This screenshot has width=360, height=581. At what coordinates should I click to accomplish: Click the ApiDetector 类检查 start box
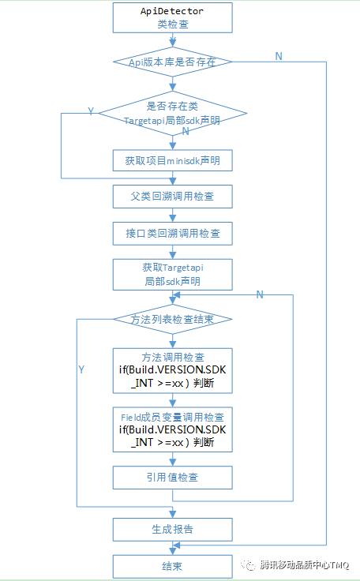click(x=172, y=18)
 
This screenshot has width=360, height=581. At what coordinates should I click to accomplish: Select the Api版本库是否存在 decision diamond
click(x=172, y=62)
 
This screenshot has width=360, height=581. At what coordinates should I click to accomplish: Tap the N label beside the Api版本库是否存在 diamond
click(x=278, y=55)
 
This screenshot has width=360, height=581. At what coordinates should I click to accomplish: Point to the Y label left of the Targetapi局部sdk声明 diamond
click(x=91, y=112)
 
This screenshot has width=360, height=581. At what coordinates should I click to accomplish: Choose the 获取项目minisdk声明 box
click(x=172, y=161)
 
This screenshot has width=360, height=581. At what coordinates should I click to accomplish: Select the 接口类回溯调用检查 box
click(x=172, y=233)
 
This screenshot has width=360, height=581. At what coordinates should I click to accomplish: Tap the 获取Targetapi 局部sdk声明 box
click(x=172, y=274)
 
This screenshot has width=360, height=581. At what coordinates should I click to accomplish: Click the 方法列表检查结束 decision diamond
click(x=172, y=319)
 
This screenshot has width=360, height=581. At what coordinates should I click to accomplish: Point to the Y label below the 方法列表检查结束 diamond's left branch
click(x=81, y=369)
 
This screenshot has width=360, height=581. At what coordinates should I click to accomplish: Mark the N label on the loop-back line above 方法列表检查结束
click(x=259, y=294)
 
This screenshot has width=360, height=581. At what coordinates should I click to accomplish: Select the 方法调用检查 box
click(x=172, y=369)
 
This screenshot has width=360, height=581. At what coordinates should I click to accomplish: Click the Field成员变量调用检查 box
click(x=172, y=429)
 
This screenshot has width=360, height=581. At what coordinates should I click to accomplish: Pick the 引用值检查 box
click(x=172, y=478)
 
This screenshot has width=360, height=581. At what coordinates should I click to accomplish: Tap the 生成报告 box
click(x=172, y=529)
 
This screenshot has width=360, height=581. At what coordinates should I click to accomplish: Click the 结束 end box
click(x=172, y=565)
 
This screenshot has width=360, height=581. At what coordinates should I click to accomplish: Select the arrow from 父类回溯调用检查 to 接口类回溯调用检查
click(x=172, y=215)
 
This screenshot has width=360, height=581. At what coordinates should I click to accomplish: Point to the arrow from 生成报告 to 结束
click(x=172, y=547)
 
